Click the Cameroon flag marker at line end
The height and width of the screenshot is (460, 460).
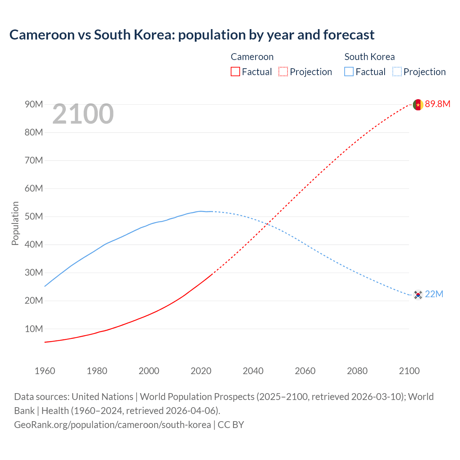coord(418,105)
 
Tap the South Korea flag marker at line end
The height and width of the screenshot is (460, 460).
coord(418,295)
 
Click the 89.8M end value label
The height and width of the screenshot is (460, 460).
coord(437,104)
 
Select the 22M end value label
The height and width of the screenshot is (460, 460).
coord(434,294)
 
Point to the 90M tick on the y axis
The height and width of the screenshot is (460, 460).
coord(34,105)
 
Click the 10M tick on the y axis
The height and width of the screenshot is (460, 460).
coord(34,329)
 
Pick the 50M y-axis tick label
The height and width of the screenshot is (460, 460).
coord(34,217)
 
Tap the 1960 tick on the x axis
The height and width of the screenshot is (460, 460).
coord(45,371)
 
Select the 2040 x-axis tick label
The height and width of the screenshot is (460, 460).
coord(253,371)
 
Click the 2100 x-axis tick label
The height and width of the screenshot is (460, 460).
coord(409,371)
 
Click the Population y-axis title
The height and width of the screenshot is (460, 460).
coord(15,223)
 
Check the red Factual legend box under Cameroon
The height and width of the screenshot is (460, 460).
coord(235,72)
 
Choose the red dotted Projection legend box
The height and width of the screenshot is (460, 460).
coord(283,72)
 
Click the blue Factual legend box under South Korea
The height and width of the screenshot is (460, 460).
coord(349,72)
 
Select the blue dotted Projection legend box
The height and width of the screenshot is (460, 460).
coord(397,72)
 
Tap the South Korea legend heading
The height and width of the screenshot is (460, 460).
coord(369,57)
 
